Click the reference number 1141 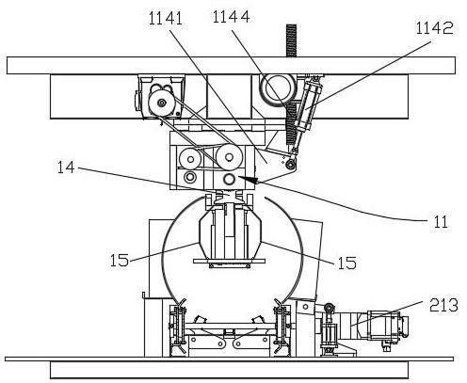tap(166, 19)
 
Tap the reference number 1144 tap(232, 17)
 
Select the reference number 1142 tap(435, 28)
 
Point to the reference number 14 tap(66, 168)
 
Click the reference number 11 tap(441, 222)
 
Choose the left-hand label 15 tap(120, 260)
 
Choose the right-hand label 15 tap(347, 263)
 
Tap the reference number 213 tap(443, 305)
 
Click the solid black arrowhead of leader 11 tap(248, 180)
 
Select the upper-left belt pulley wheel tap(162, 103)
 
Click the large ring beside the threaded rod tap(277, 88)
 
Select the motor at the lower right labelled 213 tap(387, 325)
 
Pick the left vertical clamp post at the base tap(178, 327)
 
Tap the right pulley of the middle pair tap(229, 156)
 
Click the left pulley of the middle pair tap(190, 159)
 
